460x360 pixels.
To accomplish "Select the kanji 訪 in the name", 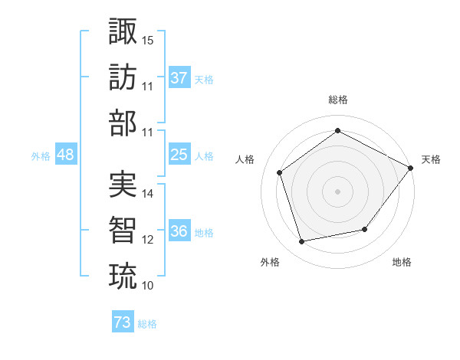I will (x=123, y=77).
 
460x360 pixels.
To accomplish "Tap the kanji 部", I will (x=123, y=123).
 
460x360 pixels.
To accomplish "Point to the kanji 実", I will (x=123, y=184).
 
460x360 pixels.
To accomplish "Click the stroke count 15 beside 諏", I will (x=148, y=40).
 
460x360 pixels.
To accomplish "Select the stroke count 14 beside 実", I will (x=148, y=194).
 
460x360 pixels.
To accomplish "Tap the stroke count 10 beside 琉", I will (x=148, y=286).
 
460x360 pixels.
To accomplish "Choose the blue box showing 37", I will (x=179, y=77).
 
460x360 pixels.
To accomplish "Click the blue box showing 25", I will (x=179, y=155).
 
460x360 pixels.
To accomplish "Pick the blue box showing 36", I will (x=179, y=231).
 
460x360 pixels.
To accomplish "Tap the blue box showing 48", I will (x=65, y=155).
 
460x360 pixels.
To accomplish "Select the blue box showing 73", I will (x=123, y=322).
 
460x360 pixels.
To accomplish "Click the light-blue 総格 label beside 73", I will (x=147, y=324).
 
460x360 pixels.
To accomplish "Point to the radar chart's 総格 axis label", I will (x=337, y=100).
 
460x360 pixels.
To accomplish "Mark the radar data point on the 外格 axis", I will (x=302, y=242).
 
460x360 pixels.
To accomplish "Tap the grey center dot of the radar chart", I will (x=337, y=191).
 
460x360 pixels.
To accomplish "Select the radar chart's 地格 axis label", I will (x=402, y=262).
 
